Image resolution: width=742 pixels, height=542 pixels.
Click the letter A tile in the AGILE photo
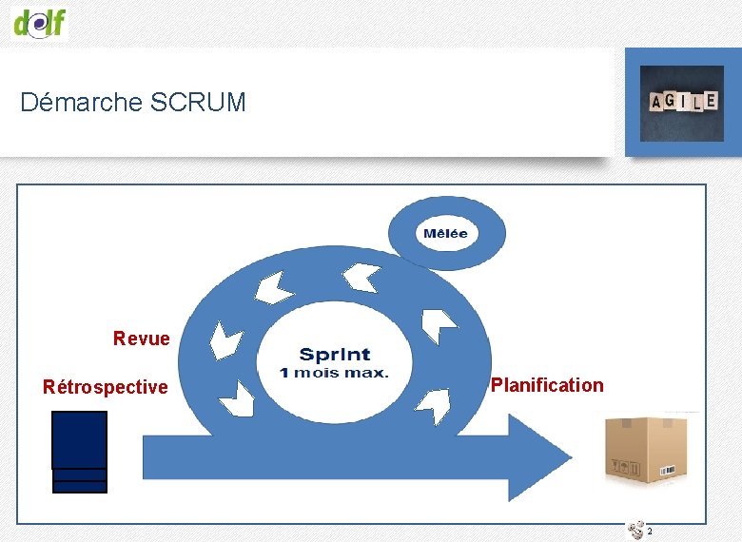[657, 102]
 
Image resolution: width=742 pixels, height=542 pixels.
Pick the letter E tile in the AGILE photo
[710, 99]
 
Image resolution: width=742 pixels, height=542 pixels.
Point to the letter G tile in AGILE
[672, 101]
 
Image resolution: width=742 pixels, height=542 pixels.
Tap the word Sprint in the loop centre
[335, 355]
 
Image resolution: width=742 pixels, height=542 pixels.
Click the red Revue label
[141, 339]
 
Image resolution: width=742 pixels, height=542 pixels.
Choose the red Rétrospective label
[105, 387]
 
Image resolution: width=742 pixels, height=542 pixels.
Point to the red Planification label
[546, 385]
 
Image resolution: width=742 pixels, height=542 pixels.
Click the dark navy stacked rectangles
[79, 452]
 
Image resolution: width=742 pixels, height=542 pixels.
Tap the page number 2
[649, 532]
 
